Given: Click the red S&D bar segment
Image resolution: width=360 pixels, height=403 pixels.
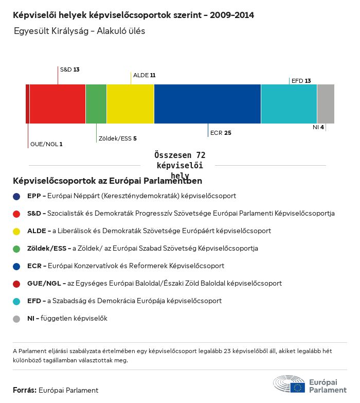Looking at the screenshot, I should (x=57, y=104).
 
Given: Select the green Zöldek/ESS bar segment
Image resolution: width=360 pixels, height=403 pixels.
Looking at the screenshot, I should (x=96, y=104).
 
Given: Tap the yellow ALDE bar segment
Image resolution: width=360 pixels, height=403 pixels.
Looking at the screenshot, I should (x=130, y=104).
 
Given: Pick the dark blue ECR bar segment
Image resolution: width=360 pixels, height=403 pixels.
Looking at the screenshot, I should (x=207, y=104).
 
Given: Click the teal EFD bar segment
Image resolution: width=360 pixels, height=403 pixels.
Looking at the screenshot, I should (x=289, y=104).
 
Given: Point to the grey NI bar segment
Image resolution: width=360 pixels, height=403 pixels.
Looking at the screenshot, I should (x=326, y=104).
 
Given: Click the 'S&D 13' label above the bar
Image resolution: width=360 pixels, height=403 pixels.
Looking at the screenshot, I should (x=69, y=69).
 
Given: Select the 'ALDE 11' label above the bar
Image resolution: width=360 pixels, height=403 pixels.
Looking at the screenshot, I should (x=144, y=75).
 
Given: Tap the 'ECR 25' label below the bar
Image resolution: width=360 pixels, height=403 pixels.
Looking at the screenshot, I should (x=221, y=133).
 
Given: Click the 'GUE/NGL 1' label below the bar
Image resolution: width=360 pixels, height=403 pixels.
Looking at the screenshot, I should (x=46, y=144).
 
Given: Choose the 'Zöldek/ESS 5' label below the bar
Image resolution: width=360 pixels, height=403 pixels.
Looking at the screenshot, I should (x=117, y=138).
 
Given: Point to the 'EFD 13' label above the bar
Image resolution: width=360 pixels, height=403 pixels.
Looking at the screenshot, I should (x=301, y=81).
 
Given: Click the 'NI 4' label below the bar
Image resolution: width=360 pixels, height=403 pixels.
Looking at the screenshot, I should (x=318, y=127).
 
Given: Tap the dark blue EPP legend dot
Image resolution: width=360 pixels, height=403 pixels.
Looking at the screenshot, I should (x=17, y=196).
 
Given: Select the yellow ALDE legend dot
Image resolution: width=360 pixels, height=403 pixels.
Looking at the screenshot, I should (x=17, y=231).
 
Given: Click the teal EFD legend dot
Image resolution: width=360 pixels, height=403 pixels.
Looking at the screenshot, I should (x=17, y=301).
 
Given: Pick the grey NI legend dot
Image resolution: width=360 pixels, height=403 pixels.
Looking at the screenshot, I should (x=17, y=319).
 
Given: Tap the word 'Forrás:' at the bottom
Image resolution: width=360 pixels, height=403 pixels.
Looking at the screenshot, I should (x=25, y=390).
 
